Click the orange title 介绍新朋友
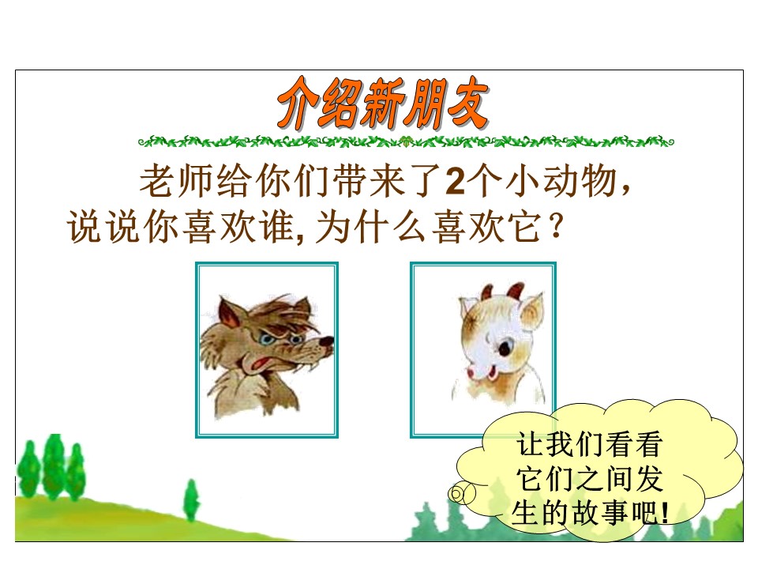[x=381, y=104]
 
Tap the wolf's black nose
[x=326, y=342]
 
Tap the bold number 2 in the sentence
[x=455, y=184]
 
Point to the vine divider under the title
[x=405, y=142]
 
